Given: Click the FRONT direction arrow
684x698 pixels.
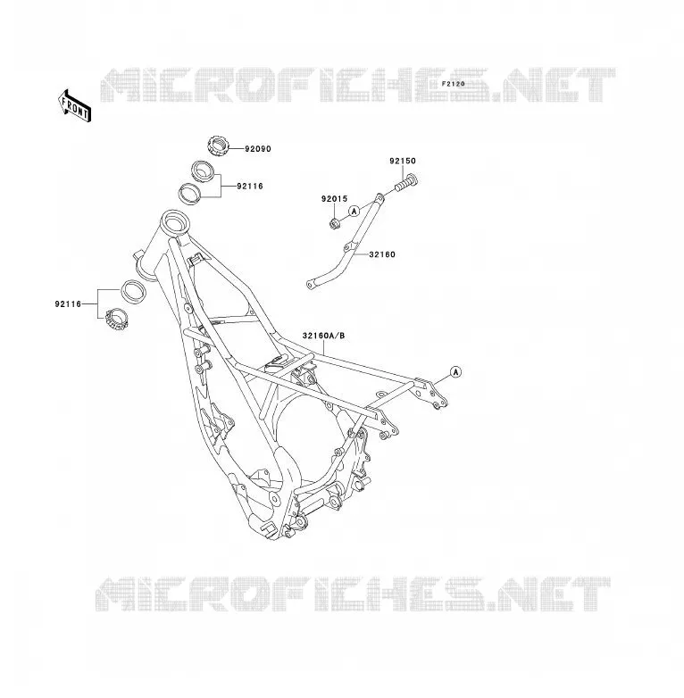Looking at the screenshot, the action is click(x=75, y=106).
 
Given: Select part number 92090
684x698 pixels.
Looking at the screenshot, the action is click(x=258, y=149).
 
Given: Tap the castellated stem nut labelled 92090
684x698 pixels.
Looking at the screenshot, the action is click(x=218, y=146).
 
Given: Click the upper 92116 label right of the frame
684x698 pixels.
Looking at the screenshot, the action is click(x=250, y=186).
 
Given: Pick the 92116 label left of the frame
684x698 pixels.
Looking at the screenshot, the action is click(x=68, y=304).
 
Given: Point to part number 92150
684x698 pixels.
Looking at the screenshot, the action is click(x=403, y=161).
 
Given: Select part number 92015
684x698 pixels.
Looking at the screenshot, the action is click(x=335, y=198).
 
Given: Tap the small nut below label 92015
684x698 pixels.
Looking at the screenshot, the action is click(x=334, y=223).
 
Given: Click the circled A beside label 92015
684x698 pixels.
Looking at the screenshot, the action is click(x=354, y=211).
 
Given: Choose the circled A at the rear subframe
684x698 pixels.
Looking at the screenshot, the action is click(x=455, y=371).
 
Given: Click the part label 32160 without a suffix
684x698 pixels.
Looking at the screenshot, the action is click(x=382, y=254).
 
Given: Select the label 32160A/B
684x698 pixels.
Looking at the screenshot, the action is click(x=324, y=336).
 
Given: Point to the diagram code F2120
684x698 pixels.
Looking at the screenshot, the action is click(x=454, y=84).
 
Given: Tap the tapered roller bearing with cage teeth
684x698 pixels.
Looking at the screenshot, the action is click(x=117, y=319).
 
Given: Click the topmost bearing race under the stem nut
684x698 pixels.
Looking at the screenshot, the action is click(x=203, y=170).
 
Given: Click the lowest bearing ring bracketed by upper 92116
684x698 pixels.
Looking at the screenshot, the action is click(x=189, y=194).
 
